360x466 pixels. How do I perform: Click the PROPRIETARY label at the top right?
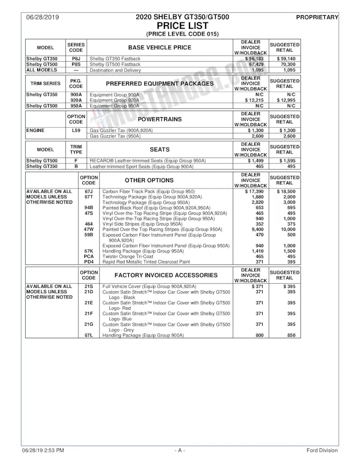[317, 17]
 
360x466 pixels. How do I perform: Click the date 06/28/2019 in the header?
[41, 17]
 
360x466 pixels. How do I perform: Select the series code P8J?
[76, 59]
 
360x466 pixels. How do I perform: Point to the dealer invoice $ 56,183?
[251, 59]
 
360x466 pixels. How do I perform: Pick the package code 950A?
[76, 105]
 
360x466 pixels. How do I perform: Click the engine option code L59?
[76, 130]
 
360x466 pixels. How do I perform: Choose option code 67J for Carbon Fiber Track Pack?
[88, 191]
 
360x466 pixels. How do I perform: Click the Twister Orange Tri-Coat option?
[129, 257]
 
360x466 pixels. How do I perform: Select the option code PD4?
[88, 262]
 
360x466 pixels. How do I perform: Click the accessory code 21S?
[88, 286]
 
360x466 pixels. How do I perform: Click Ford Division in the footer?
[322, 450]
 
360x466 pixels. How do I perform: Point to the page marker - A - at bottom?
[180, 450]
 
